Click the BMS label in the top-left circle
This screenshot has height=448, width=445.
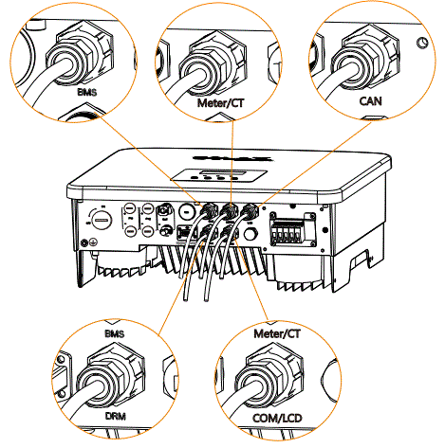[66, 96]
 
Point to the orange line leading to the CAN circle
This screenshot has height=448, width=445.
[304, 157]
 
